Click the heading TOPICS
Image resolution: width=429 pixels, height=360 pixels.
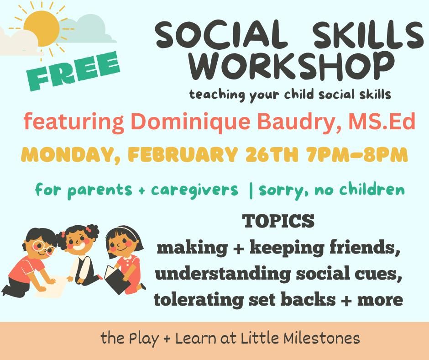(278, 221)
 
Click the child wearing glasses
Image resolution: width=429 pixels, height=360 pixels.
(34, 260)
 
